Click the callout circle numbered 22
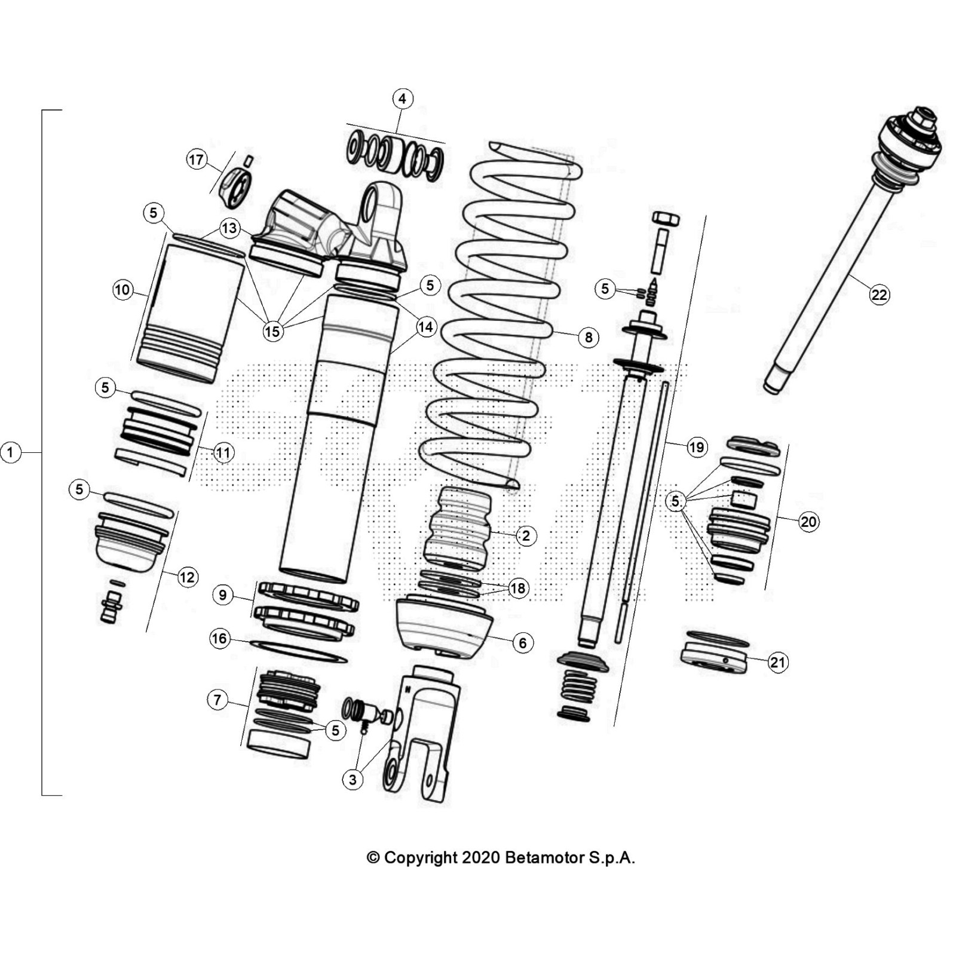[x=879, y=295]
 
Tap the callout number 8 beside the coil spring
[x=589, y=338]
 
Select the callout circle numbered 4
[x=402, y=99]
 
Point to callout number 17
[x=197, y=160]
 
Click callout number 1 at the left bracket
[x=10, y=452]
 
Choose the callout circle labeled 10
[x=122, y=290]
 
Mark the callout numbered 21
[x=777, y=662]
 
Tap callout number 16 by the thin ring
[x=219, y=639]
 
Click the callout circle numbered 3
[x=353, y=779]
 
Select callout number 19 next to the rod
[x=697, y=447]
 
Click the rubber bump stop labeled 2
[x=457, y=529]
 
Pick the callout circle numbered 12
[x=187, y=577]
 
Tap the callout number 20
[x=808, y=522]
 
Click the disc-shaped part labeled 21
[x=714, y=657]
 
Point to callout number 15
[x=272, y=331]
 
